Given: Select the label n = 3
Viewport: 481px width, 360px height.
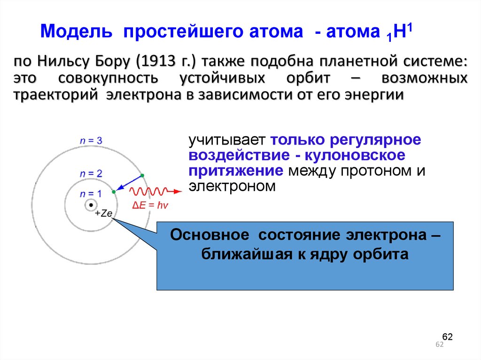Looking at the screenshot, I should (91, 140).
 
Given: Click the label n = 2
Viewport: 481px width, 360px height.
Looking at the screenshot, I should (91, 173).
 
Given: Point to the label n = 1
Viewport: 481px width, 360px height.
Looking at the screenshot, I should (90, 193).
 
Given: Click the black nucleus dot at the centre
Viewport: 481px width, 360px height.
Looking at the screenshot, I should (90, 205).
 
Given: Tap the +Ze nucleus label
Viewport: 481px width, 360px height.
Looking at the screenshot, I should (103, 214).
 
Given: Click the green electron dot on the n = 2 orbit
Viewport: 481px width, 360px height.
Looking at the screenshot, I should (142, 176).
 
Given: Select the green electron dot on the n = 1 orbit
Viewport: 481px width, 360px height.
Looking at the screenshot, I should (113, 192).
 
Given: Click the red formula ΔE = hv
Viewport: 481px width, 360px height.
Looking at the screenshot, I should (148, 205).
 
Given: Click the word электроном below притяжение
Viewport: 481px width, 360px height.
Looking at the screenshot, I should (232, 186).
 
